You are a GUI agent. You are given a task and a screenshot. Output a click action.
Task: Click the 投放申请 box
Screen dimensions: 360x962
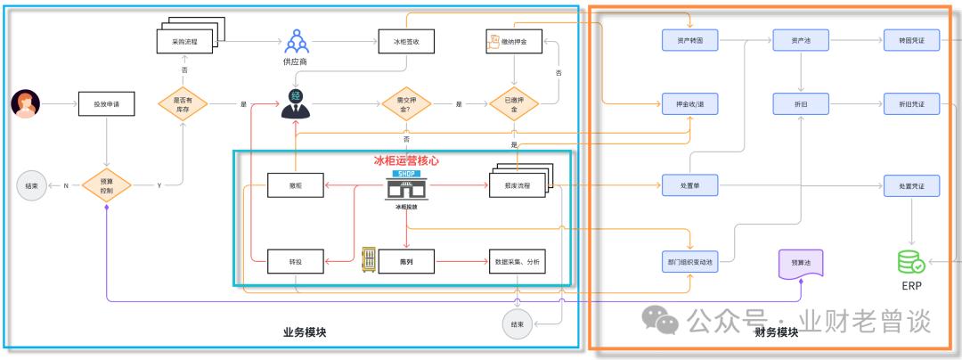tap(106, 104)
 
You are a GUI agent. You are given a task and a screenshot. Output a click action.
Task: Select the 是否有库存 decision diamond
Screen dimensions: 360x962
tap(182, 104)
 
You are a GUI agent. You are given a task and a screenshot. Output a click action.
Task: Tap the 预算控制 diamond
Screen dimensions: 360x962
tap(107, 186)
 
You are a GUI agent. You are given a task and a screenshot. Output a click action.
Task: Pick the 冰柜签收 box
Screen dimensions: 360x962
tap(405, 41)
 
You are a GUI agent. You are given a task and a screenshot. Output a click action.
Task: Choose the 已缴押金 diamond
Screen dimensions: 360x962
tap(515, 104)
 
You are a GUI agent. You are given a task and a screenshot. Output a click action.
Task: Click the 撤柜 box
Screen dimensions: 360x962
tap(294, 185)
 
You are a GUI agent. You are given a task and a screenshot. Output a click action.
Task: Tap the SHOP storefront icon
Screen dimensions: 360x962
tap(406, 185)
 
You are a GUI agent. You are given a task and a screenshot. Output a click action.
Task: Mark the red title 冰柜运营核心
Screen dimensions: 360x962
tap(406, 161)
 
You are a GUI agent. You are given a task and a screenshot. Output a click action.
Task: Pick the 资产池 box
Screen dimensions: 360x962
tap(801, 41)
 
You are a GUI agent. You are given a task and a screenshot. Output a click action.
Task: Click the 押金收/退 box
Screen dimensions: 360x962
tap(690, 104)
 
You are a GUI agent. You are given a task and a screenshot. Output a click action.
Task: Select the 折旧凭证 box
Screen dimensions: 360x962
tap(911, 104)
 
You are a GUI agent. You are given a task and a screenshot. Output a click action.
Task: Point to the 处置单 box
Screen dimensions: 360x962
tap(690, 185)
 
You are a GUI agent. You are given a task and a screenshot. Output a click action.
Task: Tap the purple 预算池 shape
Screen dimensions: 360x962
tap(801, 263)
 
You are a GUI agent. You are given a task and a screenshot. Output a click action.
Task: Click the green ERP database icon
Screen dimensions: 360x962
tap(910, 262)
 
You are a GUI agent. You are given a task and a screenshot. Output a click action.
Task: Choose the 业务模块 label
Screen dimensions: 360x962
tap(305, 332)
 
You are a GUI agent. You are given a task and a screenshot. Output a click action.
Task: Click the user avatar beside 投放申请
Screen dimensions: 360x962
tap(26, 104)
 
